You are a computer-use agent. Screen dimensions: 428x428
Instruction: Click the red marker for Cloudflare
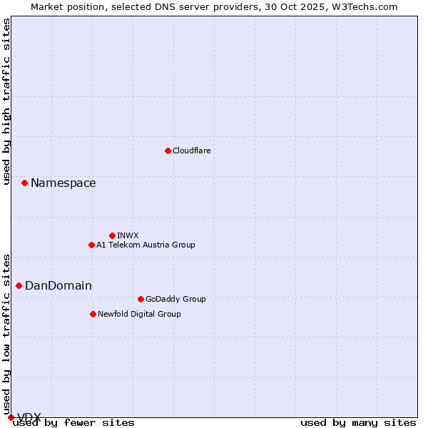pos(168,151)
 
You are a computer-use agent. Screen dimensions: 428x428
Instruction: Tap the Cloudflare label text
pos(191,151)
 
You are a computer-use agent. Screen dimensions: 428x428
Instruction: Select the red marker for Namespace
pos(24,183)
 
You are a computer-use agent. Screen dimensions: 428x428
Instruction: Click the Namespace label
pos(63,183)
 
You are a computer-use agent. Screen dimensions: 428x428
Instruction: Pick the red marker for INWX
pos(112,235)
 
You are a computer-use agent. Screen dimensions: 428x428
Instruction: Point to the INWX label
pos(128,236)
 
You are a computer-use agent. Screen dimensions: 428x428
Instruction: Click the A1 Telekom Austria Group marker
pos(91,245)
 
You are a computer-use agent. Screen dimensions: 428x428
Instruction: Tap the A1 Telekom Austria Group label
pos(146,245)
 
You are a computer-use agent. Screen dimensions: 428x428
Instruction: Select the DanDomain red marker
pos(19,285)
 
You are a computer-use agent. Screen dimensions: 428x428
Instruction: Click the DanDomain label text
pos(58,286)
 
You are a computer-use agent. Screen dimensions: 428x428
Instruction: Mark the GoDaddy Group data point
pos(141,299)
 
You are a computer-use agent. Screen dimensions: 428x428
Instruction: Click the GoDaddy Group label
pos(175,300)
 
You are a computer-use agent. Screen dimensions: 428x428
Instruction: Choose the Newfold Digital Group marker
pos(93,314)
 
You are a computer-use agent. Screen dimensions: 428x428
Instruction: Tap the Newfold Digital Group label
pos(139,315)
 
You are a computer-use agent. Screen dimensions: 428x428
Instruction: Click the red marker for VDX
pos(11,417)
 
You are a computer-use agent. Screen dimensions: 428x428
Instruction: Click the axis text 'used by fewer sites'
pos(73,423)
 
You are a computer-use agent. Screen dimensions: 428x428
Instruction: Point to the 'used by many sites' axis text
pos(357,423)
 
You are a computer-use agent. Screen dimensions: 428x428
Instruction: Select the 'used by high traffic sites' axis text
pos(6,101)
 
